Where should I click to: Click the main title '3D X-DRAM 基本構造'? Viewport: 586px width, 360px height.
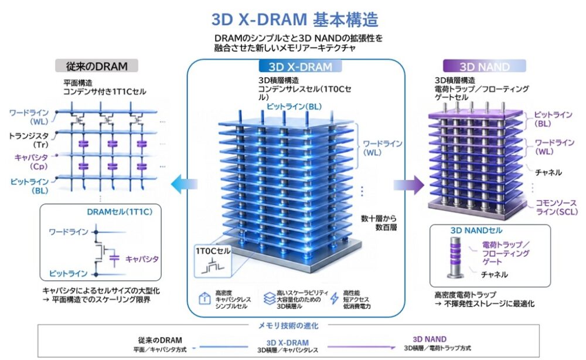(295, 19)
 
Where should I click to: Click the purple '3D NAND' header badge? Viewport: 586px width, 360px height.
(484, 66)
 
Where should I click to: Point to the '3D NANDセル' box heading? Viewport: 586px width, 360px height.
(476, 230)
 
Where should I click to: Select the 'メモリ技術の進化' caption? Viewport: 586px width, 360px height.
(292, 325)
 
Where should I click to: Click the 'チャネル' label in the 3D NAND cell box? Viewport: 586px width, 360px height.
(494, 274)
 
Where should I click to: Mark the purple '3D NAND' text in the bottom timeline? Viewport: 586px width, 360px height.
(430, 339)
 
